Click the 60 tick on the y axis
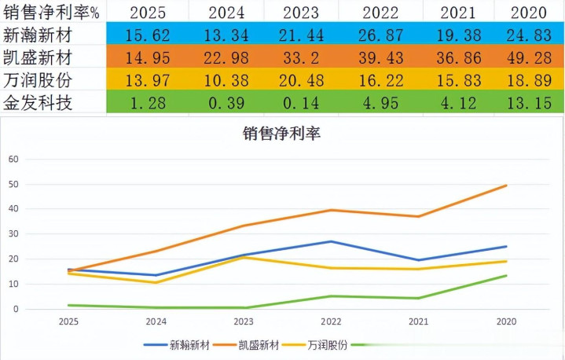pyautogui.click(x=13, y=159)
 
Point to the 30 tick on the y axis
pyautogui.click(x=13, y=234)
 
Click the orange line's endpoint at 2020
pyautogui.click(x=505, y=186)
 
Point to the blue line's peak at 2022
pyautogui.click(x=331, y=241)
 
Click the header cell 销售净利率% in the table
pyautogui.click(x=51, y=13)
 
